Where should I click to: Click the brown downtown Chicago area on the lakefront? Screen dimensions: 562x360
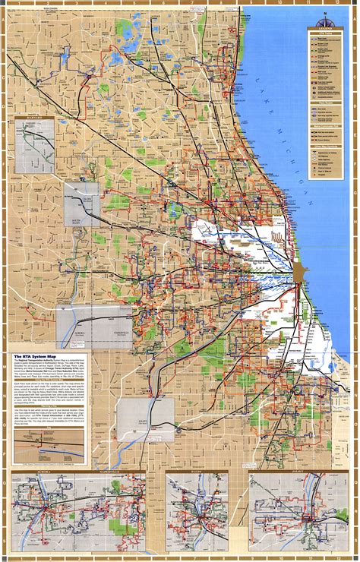pos(298,270)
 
